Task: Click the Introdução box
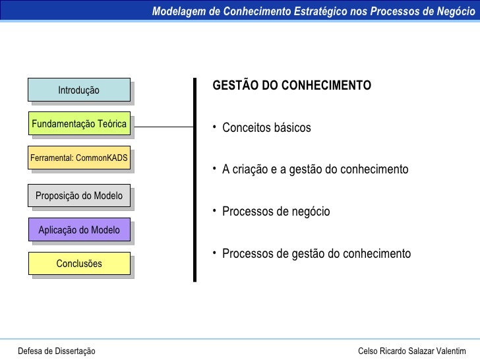click(78, 90)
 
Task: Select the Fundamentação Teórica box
click(79, 124)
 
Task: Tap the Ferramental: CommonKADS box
click(79, 158)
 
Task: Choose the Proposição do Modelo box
click(79, 196)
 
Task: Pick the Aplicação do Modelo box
click(79, 230)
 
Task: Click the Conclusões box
click(79, 264)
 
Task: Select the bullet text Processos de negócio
click(276, 212)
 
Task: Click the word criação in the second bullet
click(251, 170)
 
